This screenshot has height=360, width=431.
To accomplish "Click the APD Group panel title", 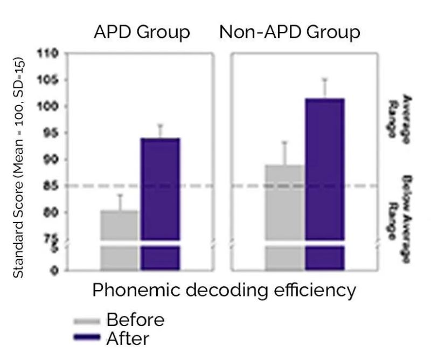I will click(142, 33).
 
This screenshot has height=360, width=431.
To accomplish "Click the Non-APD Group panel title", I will click(289, 33).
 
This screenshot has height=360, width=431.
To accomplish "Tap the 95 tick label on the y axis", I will click(50, 133).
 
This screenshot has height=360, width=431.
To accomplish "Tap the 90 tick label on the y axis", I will click(50, 160).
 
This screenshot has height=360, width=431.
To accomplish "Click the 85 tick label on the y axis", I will click(50, 186).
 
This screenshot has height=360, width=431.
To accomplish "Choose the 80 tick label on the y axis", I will click(50, 212).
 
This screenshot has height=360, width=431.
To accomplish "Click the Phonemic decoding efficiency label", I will click(224, 290).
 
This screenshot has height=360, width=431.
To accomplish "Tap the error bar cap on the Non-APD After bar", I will click(325, 79).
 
